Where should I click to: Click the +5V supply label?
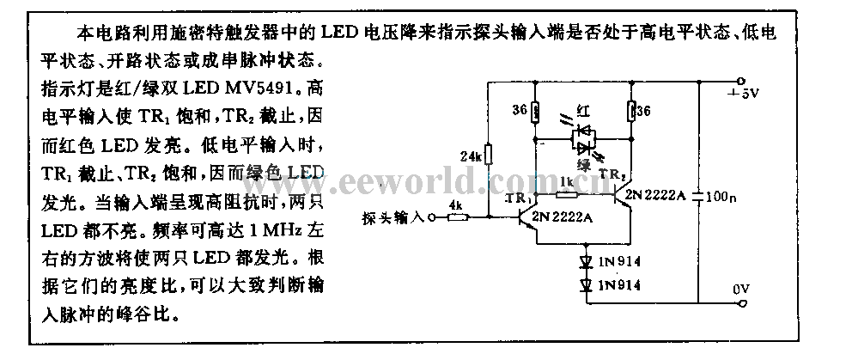[x=744, y=93]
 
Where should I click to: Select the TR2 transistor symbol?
[x=622, y=195]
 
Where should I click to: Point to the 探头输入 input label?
[x=394, y=217]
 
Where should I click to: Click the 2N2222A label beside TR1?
[x=562, y=217]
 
